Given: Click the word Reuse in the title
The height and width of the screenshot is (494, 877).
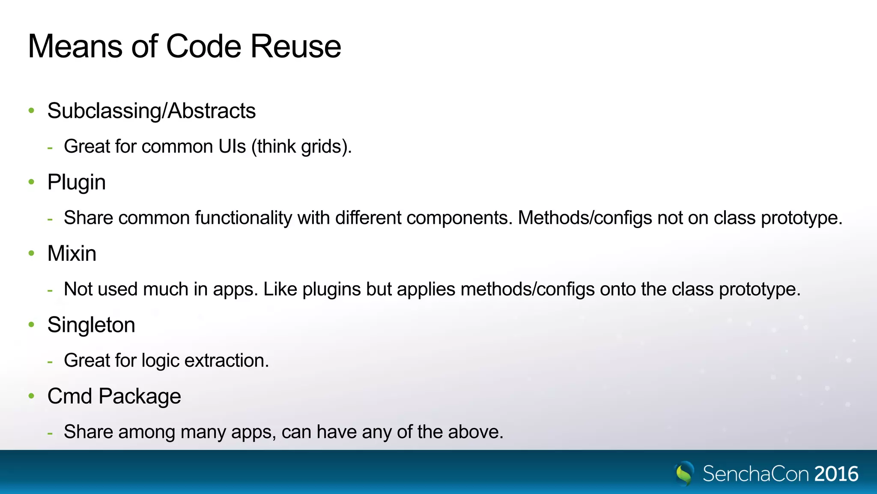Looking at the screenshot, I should pyautogui.click(x=295, y=46).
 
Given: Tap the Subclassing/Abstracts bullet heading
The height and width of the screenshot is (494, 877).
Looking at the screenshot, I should pyautogui.click(x=151, y=111).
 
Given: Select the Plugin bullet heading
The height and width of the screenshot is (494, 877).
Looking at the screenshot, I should pyautogui.click(x=76, y=182).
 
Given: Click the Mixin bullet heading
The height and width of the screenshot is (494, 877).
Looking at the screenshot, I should pyautogui.click(x=72, y=253).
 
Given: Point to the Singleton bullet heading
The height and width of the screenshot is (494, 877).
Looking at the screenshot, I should pyautogui.click(x=91, y=325).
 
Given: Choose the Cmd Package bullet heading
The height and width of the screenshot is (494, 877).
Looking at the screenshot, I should pyautogui.click(x=114, y=396).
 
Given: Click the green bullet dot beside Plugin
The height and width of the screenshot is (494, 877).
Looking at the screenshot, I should pyautogui.click(x=31, y=182).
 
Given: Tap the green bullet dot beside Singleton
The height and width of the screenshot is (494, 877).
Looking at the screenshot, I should pyautogui.click(x=31, y=325).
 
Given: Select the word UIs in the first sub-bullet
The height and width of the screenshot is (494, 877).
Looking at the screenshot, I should pyautogui.click(x=232, y=147).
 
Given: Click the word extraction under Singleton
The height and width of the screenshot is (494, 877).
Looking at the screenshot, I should pyautogui.click(x=226, y=361).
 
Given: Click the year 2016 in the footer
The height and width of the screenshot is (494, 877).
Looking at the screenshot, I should pyautogui.click(x=836, y=474).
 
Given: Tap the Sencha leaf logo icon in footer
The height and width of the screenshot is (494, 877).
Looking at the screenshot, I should pyautogui.click(x=684, y=473).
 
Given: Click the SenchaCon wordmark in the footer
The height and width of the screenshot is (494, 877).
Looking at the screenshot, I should pyautogui.click(x=756, y=474).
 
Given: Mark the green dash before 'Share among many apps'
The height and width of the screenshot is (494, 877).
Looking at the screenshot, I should pyautogui.click(x=50, y=433).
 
